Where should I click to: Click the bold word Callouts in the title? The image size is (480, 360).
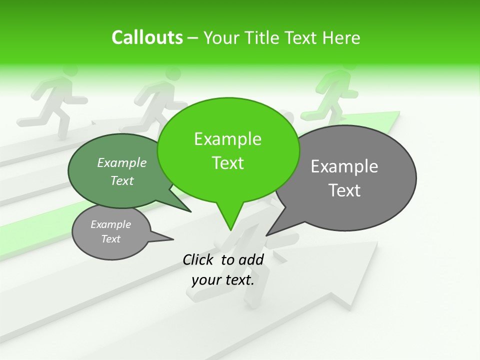(x=147, y=37)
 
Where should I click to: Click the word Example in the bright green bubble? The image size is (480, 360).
(x=227, y=139)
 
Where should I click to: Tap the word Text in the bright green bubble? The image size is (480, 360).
(x=227, y=163)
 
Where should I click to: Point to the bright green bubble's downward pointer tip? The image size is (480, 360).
(x=230, y=230)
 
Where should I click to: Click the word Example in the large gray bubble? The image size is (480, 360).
(x=344, y=166)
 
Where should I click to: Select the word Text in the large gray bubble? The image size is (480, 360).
(x=344, y=190)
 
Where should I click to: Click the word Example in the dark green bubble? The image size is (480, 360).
(x=121, y=162)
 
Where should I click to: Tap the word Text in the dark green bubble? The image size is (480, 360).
(x=121, y=180)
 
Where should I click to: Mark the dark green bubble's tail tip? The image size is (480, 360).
(x=191, y=212)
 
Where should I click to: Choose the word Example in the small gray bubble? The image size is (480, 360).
(x=110, y=224)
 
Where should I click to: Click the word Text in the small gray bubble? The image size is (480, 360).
(x=110, y=239)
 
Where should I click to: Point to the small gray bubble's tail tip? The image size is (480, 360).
(x=173, y=239)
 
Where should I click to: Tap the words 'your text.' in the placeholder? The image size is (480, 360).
(x=222, y=280)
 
